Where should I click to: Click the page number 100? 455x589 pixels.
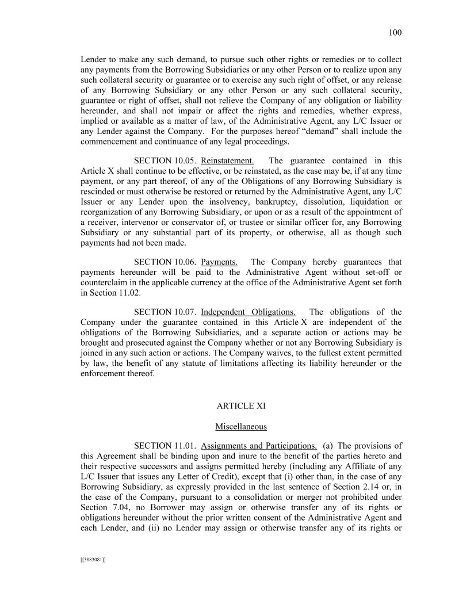[395, 33]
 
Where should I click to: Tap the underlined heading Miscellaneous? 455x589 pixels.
[241, 426]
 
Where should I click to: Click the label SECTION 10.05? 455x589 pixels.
[165, 160]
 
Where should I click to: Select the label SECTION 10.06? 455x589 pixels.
[165, 262]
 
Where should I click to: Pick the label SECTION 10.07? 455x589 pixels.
[165, 312]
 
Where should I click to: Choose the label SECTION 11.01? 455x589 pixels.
[165, 446]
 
